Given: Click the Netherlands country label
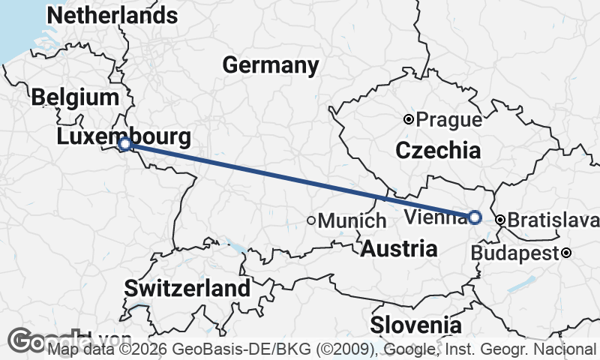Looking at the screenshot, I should click(112, 15).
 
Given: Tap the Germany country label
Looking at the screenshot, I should click(271, 65).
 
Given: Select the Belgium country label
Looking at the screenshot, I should click(75, 97).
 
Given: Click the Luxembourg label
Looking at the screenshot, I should click(122, 136).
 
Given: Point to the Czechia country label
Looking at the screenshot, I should click(438, 150).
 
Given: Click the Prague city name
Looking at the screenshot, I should click(448, 119).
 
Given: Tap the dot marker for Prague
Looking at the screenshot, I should click(409, 119).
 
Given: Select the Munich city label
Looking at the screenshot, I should click(352, 221).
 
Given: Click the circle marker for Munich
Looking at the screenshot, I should click(311, 220).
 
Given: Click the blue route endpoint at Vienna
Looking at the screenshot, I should click(475, 217).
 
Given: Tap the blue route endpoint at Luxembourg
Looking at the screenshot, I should click(126, 143).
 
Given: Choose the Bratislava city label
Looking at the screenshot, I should click(553, 220).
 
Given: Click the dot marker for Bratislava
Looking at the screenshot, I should click(500, 220).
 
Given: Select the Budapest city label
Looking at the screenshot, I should click(516, 253).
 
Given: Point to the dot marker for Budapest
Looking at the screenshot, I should click(567, 253).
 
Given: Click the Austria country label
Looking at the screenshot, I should click(399, 249).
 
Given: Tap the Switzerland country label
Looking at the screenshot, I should click(187, 288).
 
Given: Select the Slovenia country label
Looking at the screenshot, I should click(415, 325).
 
